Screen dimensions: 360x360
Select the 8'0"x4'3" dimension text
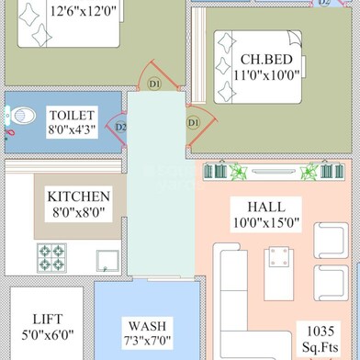tap(70, 130)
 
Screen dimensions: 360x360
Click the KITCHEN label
tap(79, 197)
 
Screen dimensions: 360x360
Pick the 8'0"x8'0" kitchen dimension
tap(79, 212)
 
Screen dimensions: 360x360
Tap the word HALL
tap(265, 206)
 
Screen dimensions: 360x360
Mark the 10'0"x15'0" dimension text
tap(265, 222)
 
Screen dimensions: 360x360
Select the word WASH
tap(147, 326)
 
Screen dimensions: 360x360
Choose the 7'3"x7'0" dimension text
tap(147, 342)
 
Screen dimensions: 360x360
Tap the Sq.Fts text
tap(322, 346)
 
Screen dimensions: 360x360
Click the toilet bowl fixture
tap(21, 116)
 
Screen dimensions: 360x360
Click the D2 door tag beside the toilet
tap(121, 128)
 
